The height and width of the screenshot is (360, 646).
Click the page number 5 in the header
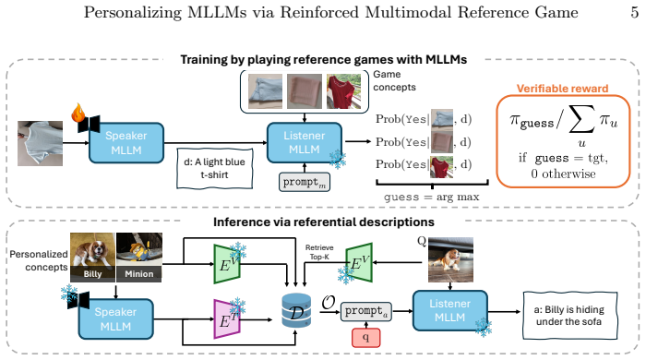click(635, 12)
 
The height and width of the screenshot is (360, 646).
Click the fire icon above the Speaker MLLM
click(78, 113)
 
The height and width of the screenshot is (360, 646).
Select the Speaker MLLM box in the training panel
click(126, 142)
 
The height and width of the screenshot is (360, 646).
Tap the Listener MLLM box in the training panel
click(305, 142)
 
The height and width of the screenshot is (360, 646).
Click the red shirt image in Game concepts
click(343, 91)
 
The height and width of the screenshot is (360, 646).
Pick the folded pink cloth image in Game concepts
click(305, 91)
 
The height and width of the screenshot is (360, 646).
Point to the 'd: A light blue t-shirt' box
click(214, 169)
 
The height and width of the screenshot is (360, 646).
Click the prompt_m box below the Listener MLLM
click(305, 182)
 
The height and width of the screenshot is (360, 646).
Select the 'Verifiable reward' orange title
click(562, 89)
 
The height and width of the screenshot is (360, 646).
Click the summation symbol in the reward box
click(581, 119)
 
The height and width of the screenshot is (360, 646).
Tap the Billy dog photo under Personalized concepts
click(92, 258)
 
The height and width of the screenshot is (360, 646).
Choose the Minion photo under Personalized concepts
click(139, 258)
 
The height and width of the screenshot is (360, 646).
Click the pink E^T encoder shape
click(226, 319)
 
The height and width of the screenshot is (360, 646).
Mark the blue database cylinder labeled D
click(296, 310)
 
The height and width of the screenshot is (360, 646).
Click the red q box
click(365, 338)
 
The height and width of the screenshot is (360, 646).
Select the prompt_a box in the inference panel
click(366, 311)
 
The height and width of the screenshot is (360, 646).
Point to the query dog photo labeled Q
click(450, 259)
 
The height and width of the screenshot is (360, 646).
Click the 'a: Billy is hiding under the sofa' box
click(569, 316)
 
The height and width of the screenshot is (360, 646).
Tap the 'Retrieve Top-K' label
click(319, 252)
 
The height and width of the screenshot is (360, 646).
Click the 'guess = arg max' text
click(431, 197)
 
